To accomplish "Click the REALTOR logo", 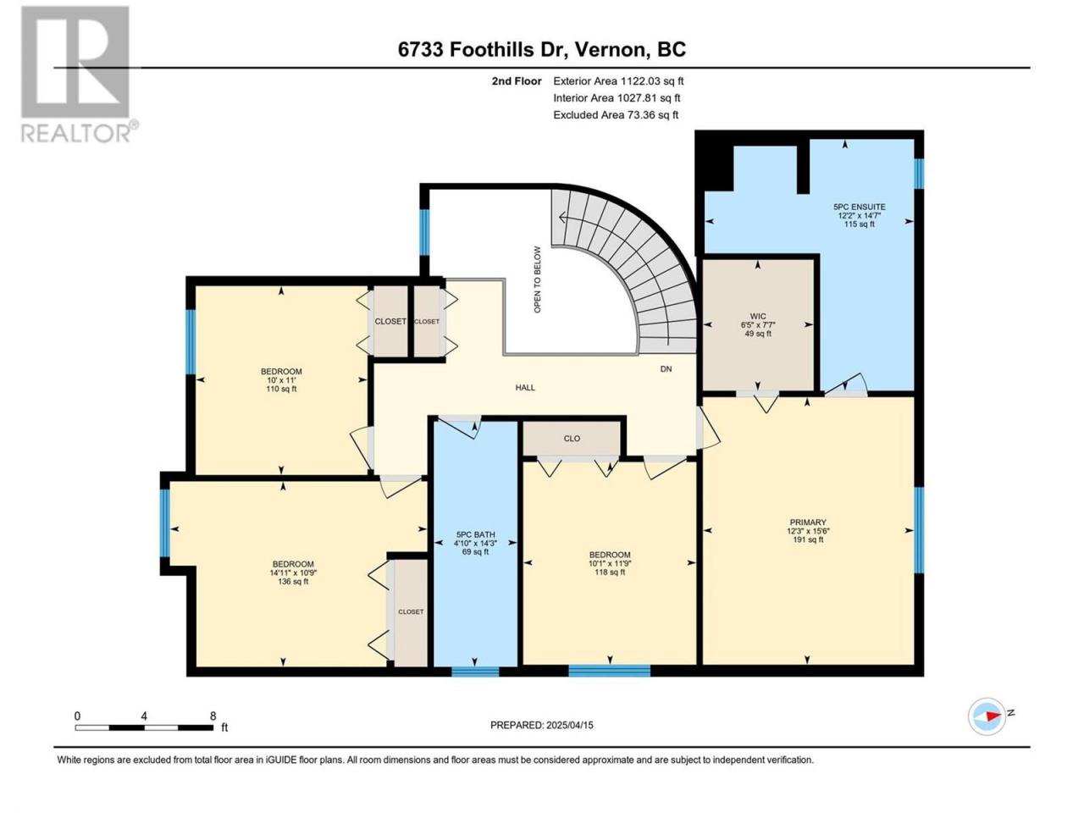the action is [x=79, y=74].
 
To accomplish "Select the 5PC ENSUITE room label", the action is [x=860, y=207].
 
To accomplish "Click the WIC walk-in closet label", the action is [x=758, y=317].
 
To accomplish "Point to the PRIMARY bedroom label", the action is [x=807, y=523].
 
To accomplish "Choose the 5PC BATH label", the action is [x=474, y=534].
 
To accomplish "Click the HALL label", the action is [x=525, y=388].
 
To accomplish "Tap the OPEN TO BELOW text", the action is [x=537, y=279].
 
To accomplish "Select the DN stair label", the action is [x=666, y=369].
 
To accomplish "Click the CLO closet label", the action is [x=572, y=439].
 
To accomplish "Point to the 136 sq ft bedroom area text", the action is [x=293, y=582].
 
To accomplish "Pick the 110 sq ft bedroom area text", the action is [x=281, y=389].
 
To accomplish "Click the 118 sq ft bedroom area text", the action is [x=610, y=572].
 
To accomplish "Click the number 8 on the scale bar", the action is [x=213, y=716].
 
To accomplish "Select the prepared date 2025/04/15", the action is [x=569, y=725].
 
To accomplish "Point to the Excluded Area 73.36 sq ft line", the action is [x=616, y=115].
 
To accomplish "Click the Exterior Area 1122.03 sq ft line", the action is [x=618, y=81].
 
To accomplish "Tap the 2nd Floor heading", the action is [x=517, y=81].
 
